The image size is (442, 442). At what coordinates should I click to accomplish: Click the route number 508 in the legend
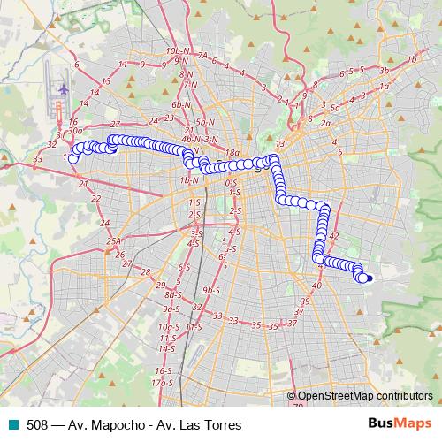coord(37,425)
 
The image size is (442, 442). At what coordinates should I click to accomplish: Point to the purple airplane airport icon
coord(63,89)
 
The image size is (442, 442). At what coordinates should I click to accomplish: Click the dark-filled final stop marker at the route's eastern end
coord(368,279)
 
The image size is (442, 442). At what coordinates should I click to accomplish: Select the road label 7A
coord(202,56)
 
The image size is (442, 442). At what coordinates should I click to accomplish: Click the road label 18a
coord(232,153)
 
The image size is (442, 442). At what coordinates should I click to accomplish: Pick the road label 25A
coord(113,241)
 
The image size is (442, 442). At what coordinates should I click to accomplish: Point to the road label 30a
coord(74,130)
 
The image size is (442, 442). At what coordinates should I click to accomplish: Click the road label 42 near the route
coord(333,236)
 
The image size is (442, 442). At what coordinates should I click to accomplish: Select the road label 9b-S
coord(210,289)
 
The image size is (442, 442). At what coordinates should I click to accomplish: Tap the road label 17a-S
coord(160,383)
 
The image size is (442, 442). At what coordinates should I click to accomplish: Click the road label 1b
coord(412,59)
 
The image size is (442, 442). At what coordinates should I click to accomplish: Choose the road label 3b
coord(384,70)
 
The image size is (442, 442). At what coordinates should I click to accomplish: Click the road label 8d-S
coord(172,294)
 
